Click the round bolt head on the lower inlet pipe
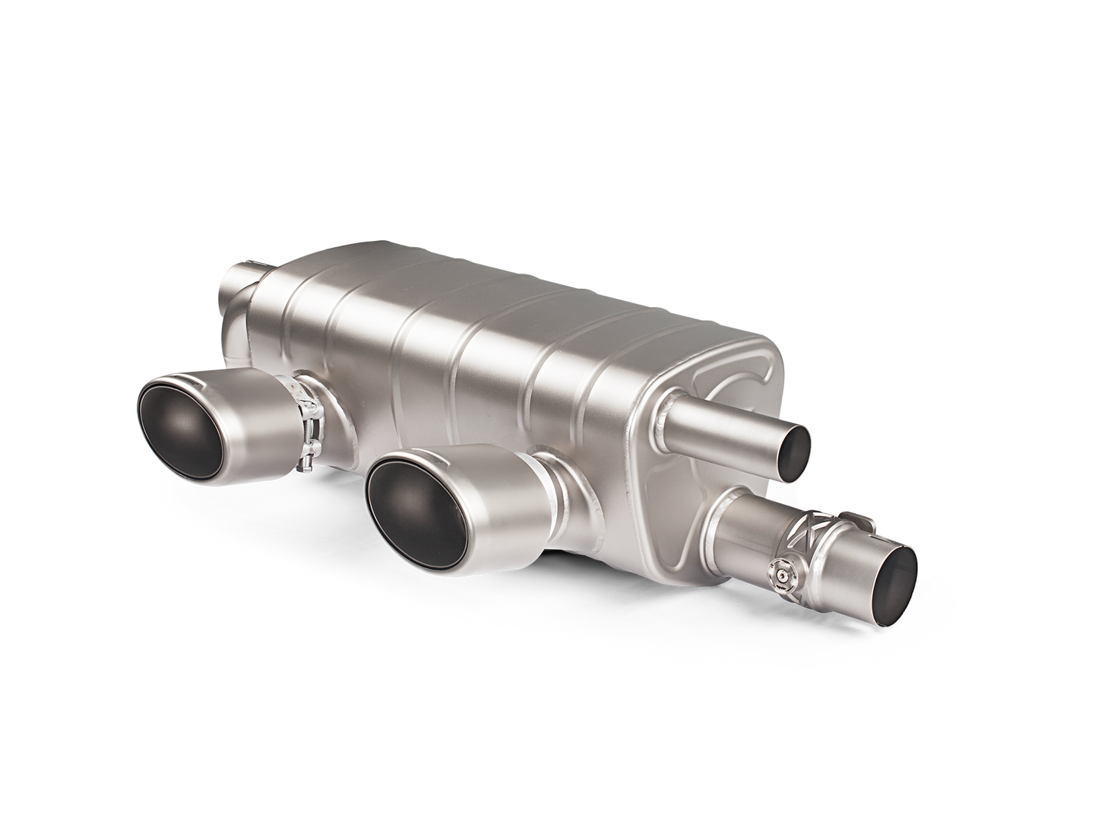780,566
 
